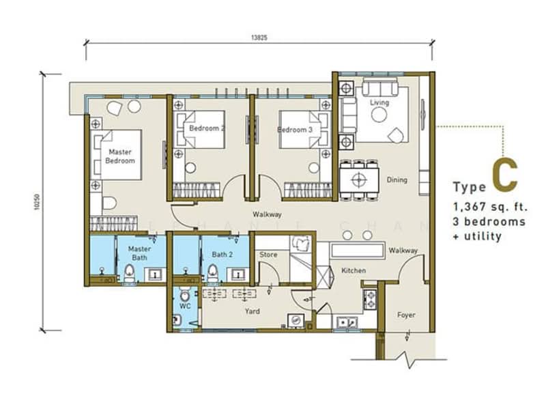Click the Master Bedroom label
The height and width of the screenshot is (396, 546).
click(119, 156)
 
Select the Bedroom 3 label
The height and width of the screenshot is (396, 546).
click(296, 129)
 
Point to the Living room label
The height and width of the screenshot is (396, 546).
click(379, 103)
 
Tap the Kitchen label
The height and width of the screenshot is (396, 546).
click(354, 270)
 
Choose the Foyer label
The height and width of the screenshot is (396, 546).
click(406, 315)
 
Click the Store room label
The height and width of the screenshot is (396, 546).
click(268, 255)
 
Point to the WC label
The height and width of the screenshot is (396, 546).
click(184, 307)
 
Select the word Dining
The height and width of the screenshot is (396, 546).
click(397, 180)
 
